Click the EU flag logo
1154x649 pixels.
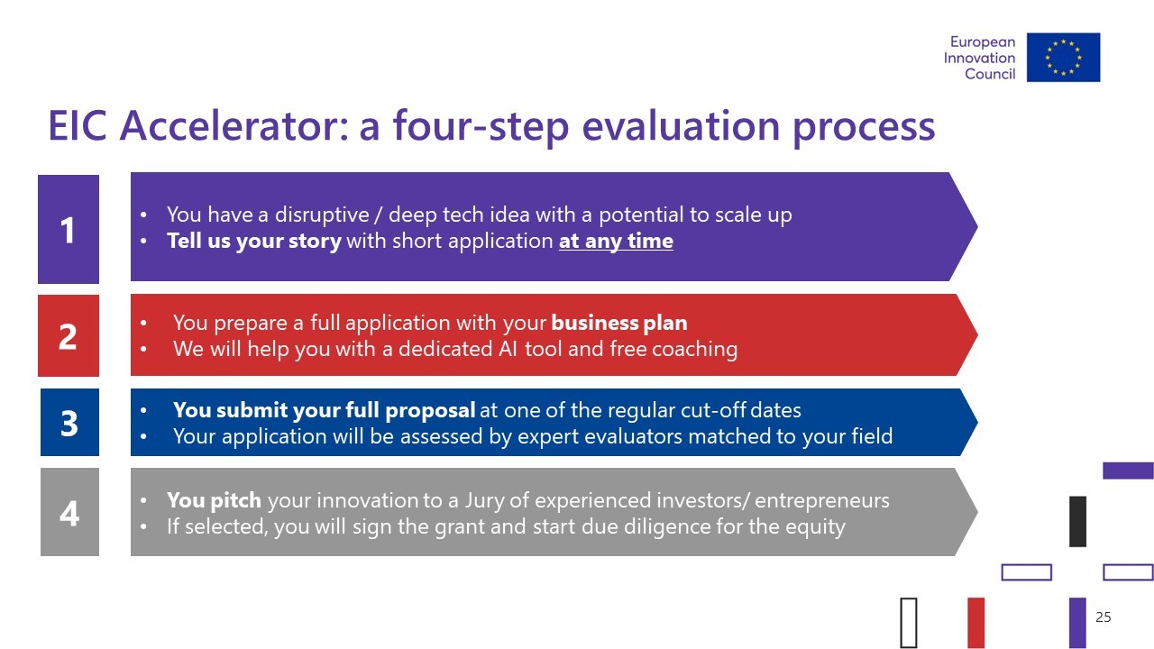coord(1063,57)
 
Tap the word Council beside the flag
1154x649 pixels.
coord(990,74)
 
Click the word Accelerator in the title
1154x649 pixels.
coord(234,125)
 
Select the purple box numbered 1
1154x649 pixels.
coord(69,229)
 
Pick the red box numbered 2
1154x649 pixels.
coord(69,336)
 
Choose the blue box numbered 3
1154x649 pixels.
coord(69,423)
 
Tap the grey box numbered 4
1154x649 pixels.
coord(69,512)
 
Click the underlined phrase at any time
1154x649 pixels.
coord(616,241)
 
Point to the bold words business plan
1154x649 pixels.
coord(619,323)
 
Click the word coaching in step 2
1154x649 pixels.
coord(694,349)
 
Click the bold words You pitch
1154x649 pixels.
coord(214,500)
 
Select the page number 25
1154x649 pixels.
coord(1103,617)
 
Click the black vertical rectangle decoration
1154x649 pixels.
coord(1077,521)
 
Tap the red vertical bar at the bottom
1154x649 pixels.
coord(976,622)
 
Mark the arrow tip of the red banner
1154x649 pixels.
coord(976,334)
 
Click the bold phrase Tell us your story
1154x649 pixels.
coord(254,241)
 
